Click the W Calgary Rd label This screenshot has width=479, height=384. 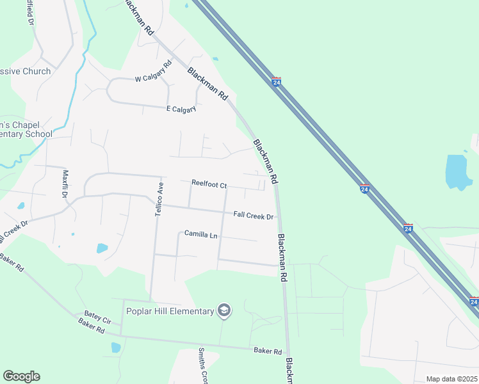(154, 72)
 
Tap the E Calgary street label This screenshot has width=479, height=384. (181, 109)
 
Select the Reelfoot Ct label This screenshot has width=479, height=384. (209, 184)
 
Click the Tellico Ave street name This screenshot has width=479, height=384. (159, 198)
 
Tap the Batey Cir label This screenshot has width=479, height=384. (98, 317)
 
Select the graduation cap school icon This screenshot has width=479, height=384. (223, 311)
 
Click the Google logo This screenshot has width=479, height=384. (21, 376)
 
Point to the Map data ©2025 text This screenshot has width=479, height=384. (451, 379)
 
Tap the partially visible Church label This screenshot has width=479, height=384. (26, 71)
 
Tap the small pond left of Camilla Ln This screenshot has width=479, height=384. (102, 248)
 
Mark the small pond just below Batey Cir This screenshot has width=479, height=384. (115, 348)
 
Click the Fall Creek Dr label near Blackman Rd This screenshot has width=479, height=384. (254, 216)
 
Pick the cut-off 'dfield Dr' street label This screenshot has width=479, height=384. (29, 12)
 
